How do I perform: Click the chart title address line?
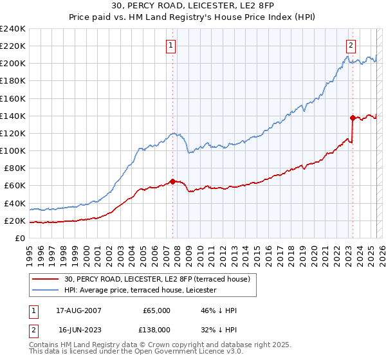tap(192, 6)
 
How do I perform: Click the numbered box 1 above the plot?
tap(171, 45)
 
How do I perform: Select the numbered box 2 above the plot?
tap(351, 45)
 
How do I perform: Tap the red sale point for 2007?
tap(172, 181)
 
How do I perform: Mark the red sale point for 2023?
tap(353, 118)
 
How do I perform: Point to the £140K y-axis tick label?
tap(13, 116)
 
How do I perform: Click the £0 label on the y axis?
tap(19, 238)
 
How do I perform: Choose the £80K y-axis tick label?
tap(14, 168)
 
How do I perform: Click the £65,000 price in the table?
tap(155, 310)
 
